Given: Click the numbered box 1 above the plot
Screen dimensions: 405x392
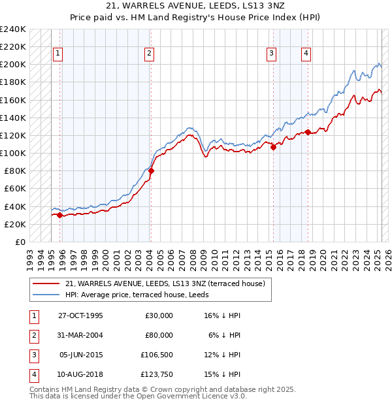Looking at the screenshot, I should pyautogui.click(x=58, y=54).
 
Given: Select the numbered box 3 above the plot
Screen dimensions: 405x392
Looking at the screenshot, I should pyautogui.click(x=271, y=54).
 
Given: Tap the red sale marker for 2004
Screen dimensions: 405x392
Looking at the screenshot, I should pyautogui.click(x=151, y=171).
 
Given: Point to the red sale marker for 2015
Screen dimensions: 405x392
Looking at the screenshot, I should pyautogui.click(x=273, y=148).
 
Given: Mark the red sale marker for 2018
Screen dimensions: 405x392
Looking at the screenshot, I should pyautogui.click(x=308, y=133).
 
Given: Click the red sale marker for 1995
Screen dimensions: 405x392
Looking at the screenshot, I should pyautogui.click(x=60, y=215).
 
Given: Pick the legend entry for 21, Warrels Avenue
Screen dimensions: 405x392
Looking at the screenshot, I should pyautogui.click(x=165, y=283).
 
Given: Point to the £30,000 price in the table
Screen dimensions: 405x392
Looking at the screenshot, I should pyautogui.click(x=159, y=316).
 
